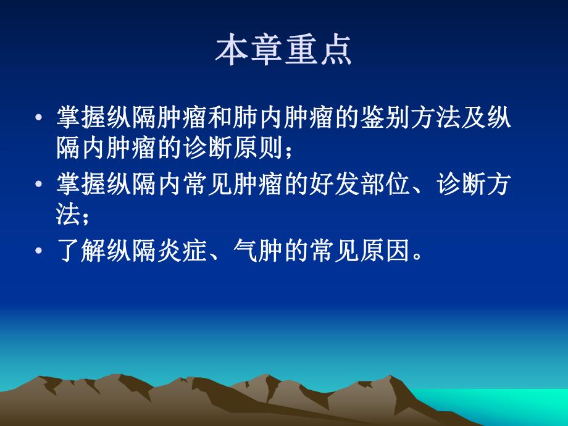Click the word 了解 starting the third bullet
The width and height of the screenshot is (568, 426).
(80, 253)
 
